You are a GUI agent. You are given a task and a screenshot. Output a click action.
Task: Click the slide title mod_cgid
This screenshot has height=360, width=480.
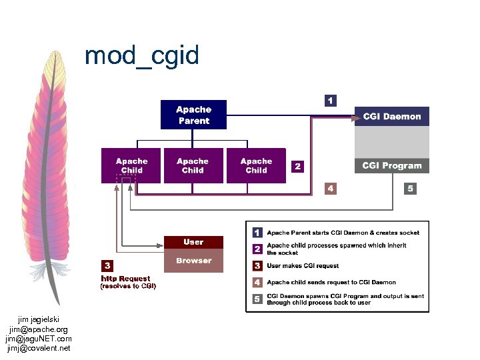141,55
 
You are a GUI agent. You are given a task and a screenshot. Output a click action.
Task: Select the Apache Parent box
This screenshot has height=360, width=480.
193,115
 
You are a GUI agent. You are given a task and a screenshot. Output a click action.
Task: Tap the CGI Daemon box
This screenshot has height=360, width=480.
391,117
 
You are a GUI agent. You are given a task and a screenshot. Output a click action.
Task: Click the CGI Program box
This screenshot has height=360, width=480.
391,165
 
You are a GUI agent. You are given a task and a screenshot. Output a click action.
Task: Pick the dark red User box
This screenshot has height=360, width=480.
193,242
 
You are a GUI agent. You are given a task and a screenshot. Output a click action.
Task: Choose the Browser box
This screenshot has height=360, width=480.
193,261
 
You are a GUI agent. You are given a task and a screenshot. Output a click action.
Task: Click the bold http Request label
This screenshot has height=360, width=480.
125,278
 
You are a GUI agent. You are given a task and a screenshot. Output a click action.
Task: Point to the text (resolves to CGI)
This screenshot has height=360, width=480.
128,287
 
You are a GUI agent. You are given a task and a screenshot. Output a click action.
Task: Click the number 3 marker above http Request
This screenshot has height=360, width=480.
107,265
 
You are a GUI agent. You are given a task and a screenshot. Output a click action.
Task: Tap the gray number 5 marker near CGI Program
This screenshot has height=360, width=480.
410,189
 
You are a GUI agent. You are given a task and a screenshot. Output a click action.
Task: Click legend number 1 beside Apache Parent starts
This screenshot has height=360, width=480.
257,233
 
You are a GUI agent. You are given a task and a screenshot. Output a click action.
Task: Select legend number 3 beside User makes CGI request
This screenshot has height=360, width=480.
257,266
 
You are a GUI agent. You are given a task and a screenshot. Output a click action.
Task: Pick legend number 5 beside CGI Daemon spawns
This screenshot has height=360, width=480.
257,299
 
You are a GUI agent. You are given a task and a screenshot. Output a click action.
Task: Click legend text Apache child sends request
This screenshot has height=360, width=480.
331,283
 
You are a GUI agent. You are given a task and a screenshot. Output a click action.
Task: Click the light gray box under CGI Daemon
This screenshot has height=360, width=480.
391,142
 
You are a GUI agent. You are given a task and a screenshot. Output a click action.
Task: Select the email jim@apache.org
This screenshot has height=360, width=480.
39,329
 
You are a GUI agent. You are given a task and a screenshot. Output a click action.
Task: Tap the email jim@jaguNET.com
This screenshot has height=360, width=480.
39,339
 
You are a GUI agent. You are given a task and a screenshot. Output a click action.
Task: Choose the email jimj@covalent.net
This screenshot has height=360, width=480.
39,348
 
